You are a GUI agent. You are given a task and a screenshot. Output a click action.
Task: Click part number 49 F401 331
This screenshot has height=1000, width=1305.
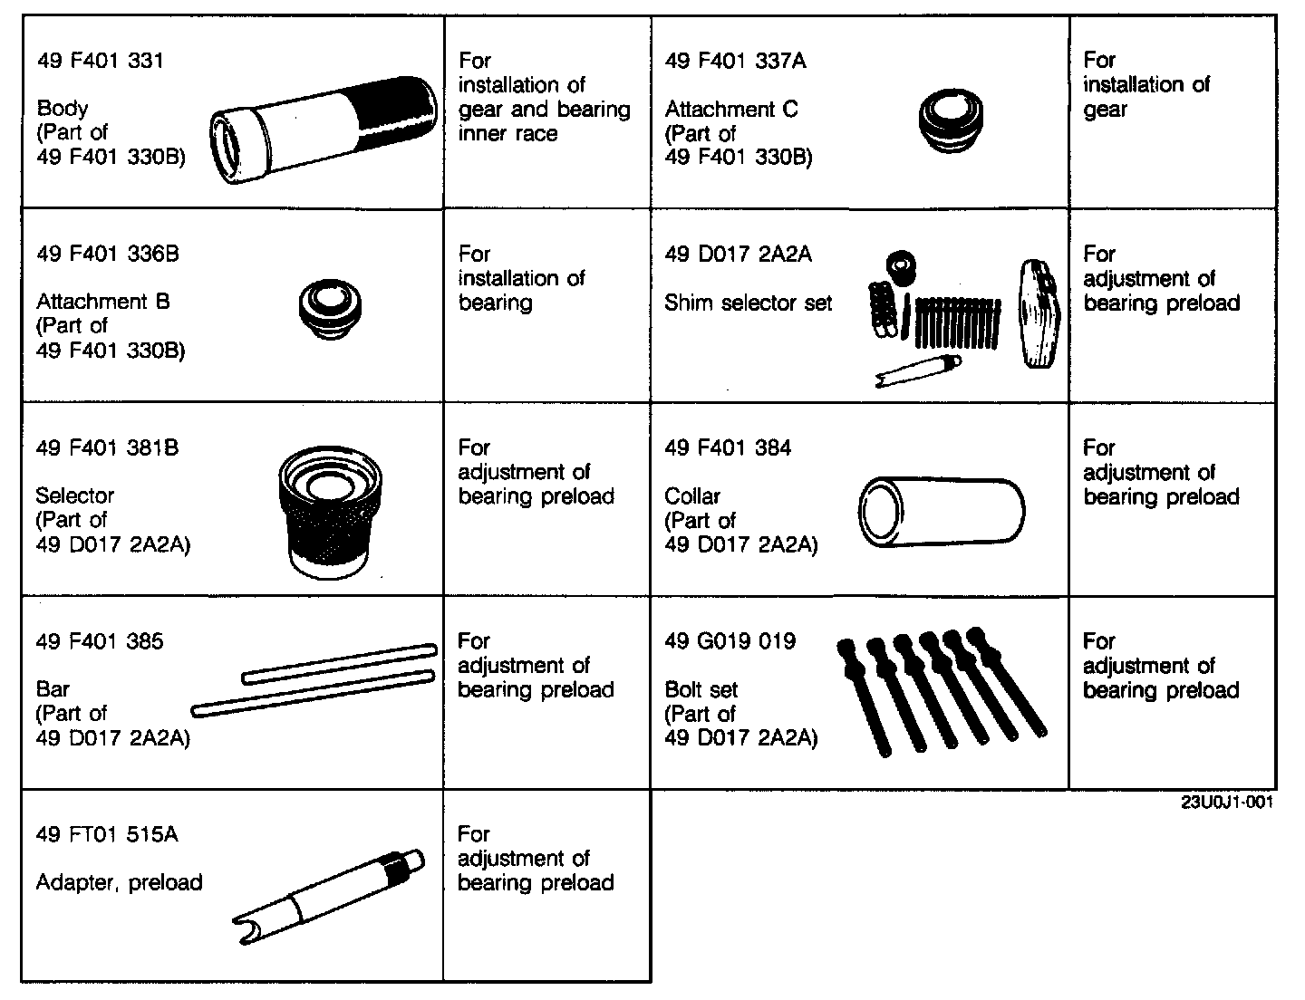tap(101, 61)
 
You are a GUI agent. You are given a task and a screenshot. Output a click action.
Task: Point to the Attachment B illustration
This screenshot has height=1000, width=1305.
tap(330, 306)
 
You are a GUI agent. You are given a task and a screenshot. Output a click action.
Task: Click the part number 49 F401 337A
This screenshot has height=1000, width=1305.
tap(735, 61)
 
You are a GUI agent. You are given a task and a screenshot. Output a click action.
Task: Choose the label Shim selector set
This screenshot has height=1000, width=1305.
tap(748, 303)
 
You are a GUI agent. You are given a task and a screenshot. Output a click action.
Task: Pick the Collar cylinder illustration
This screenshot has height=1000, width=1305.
tap(940, 511)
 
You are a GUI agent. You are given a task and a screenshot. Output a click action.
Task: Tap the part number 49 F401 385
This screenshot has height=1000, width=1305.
tap(100, 641)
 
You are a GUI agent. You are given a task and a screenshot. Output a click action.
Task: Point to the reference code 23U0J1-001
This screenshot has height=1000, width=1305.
tap(1226, 803)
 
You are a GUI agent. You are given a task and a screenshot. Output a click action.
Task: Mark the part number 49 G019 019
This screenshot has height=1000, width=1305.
tap(730, 641)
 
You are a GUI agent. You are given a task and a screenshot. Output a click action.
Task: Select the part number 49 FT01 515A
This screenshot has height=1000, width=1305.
tap(107, 834)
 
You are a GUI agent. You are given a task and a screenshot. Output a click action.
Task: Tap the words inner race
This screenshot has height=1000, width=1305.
tap(507, 133)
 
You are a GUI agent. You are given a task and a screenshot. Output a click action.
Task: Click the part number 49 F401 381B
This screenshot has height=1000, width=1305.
tap(107, 447)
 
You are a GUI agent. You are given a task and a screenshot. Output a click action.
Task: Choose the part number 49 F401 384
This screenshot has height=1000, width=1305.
tap(728, 447)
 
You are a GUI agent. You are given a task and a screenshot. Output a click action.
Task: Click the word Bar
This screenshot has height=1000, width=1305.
tap(53, 688)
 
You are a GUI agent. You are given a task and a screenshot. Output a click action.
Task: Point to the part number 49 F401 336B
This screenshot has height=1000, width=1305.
tap(108, 254)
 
